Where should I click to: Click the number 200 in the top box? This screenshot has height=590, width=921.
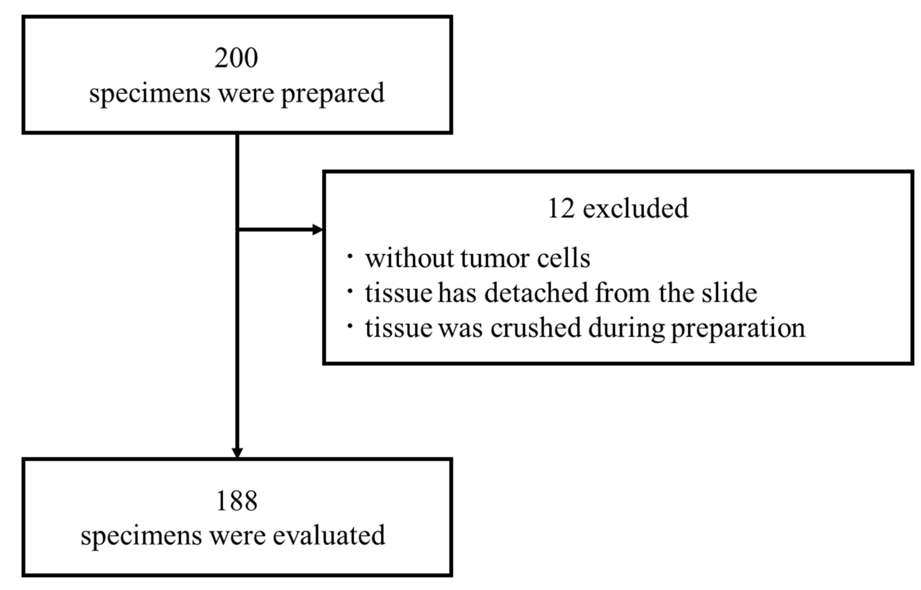pyautogui.click(x=236, y=58)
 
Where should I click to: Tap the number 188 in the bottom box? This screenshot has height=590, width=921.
pyautogui.click(x=237, y=501)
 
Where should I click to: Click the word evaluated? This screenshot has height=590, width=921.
pyautogui.click(x=329, y=535)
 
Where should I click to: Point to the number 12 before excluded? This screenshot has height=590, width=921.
pyautogui.click(x=561, y=209)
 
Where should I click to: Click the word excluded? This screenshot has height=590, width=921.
pyautogui.click(x=636, y=209)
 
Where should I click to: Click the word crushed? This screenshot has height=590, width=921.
pyautogui.click(x=535, y=328)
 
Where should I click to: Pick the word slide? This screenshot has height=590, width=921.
pyautogui.click(x=729, y=293)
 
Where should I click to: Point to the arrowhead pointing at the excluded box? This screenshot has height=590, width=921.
pyautogui.click(x=318, y=230)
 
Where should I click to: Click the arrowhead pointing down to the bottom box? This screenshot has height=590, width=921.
pyautogui.click(x=237, y=452)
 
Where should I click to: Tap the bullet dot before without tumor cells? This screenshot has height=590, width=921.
pyautogui.click(x=350, y=256)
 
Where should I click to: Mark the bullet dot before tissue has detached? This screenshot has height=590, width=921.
pyautogui.click(x=350, y=291)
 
